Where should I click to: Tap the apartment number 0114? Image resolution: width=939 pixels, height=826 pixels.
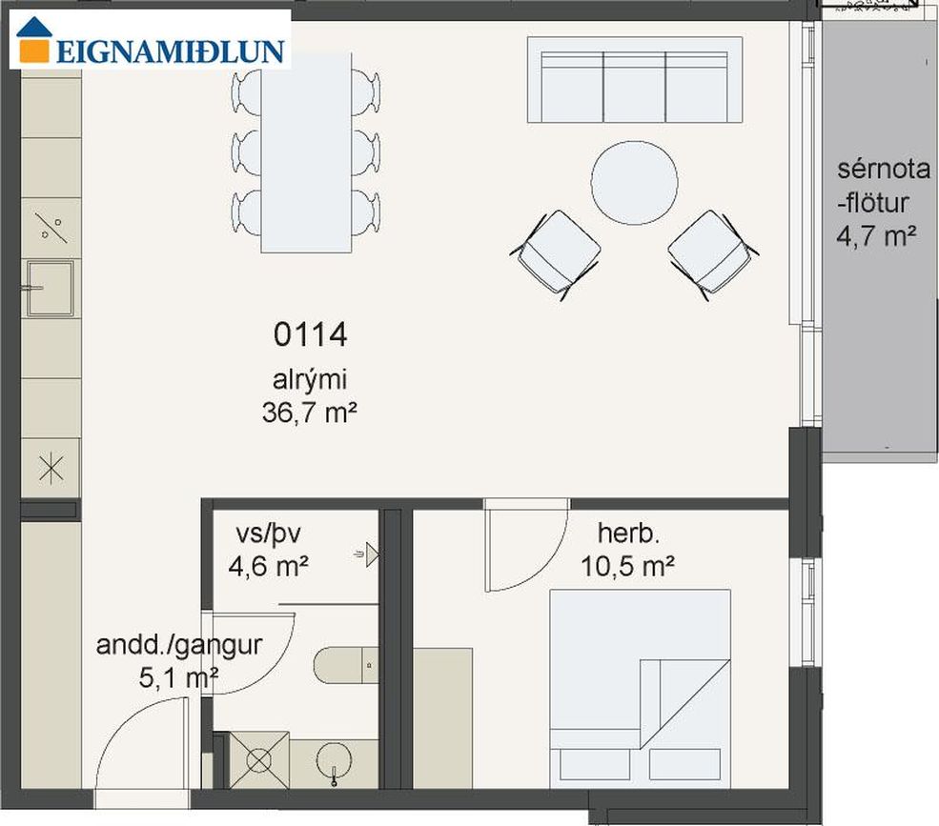tap(310, 334)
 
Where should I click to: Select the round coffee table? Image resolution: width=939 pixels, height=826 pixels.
tap(634, 183)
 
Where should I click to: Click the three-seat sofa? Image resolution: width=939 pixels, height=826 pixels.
tap(635, 80)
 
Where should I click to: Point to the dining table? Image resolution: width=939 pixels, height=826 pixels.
tap(306, 152)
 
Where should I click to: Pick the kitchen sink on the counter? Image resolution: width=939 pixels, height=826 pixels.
tap(50, 288)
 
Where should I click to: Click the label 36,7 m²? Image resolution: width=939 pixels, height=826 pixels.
tap(310, 413)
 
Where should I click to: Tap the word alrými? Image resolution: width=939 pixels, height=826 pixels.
tap(310, 380)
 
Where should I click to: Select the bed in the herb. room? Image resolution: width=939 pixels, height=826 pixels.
tap(641, 688)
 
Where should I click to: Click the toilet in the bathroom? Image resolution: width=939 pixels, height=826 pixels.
tap(346, 665)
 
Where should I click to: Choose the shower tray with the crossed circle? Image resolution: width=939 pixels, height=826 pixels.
tap(258, 760)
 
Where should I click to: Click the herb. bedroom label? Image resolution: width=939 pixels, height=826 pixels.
tap(628, 534)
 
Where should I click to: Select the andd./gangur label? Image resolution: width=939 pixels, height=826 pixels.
tap(179, 645)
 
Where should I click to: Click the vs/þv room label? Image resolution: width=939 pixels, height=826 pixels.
tap(268, 534)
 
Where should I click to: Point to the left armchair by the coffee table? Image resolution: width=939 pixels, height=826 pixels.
tap(557, 254)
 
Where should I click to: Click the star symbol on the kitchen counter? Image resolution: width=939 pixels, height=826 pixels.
tap(51, 468)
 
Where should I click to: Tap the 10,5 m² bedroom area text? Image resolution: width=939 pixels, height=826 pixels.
tap(627, 566)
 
